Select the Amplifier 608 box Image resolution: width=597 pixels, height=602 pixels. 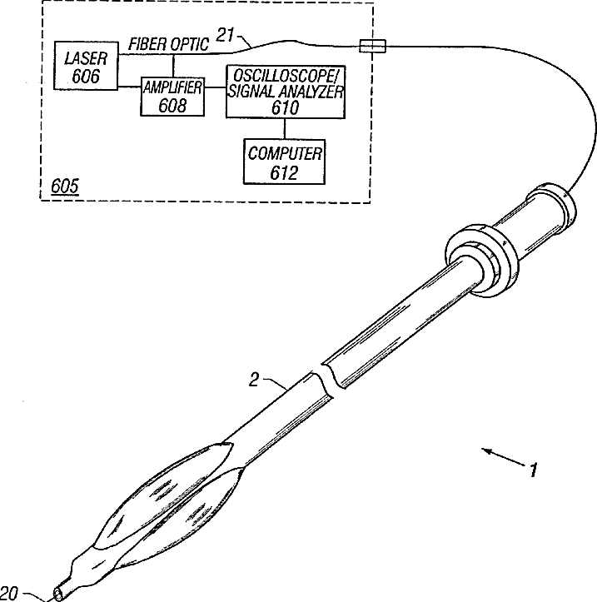tap(172, 96)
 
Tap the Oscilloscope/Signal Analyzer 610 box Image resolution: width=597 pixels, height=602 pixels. tap(284, 92)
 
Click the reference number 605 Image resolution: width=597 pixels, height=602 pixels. tap(65, 186)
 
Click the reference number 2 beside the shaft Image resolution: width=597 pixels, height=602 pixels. tap(255, 380)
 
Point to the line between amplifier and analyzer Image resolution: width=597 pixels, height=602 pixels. tap(215, 96)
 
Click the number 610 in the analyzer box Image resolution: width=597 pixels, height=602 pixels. tap(284, 107)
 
